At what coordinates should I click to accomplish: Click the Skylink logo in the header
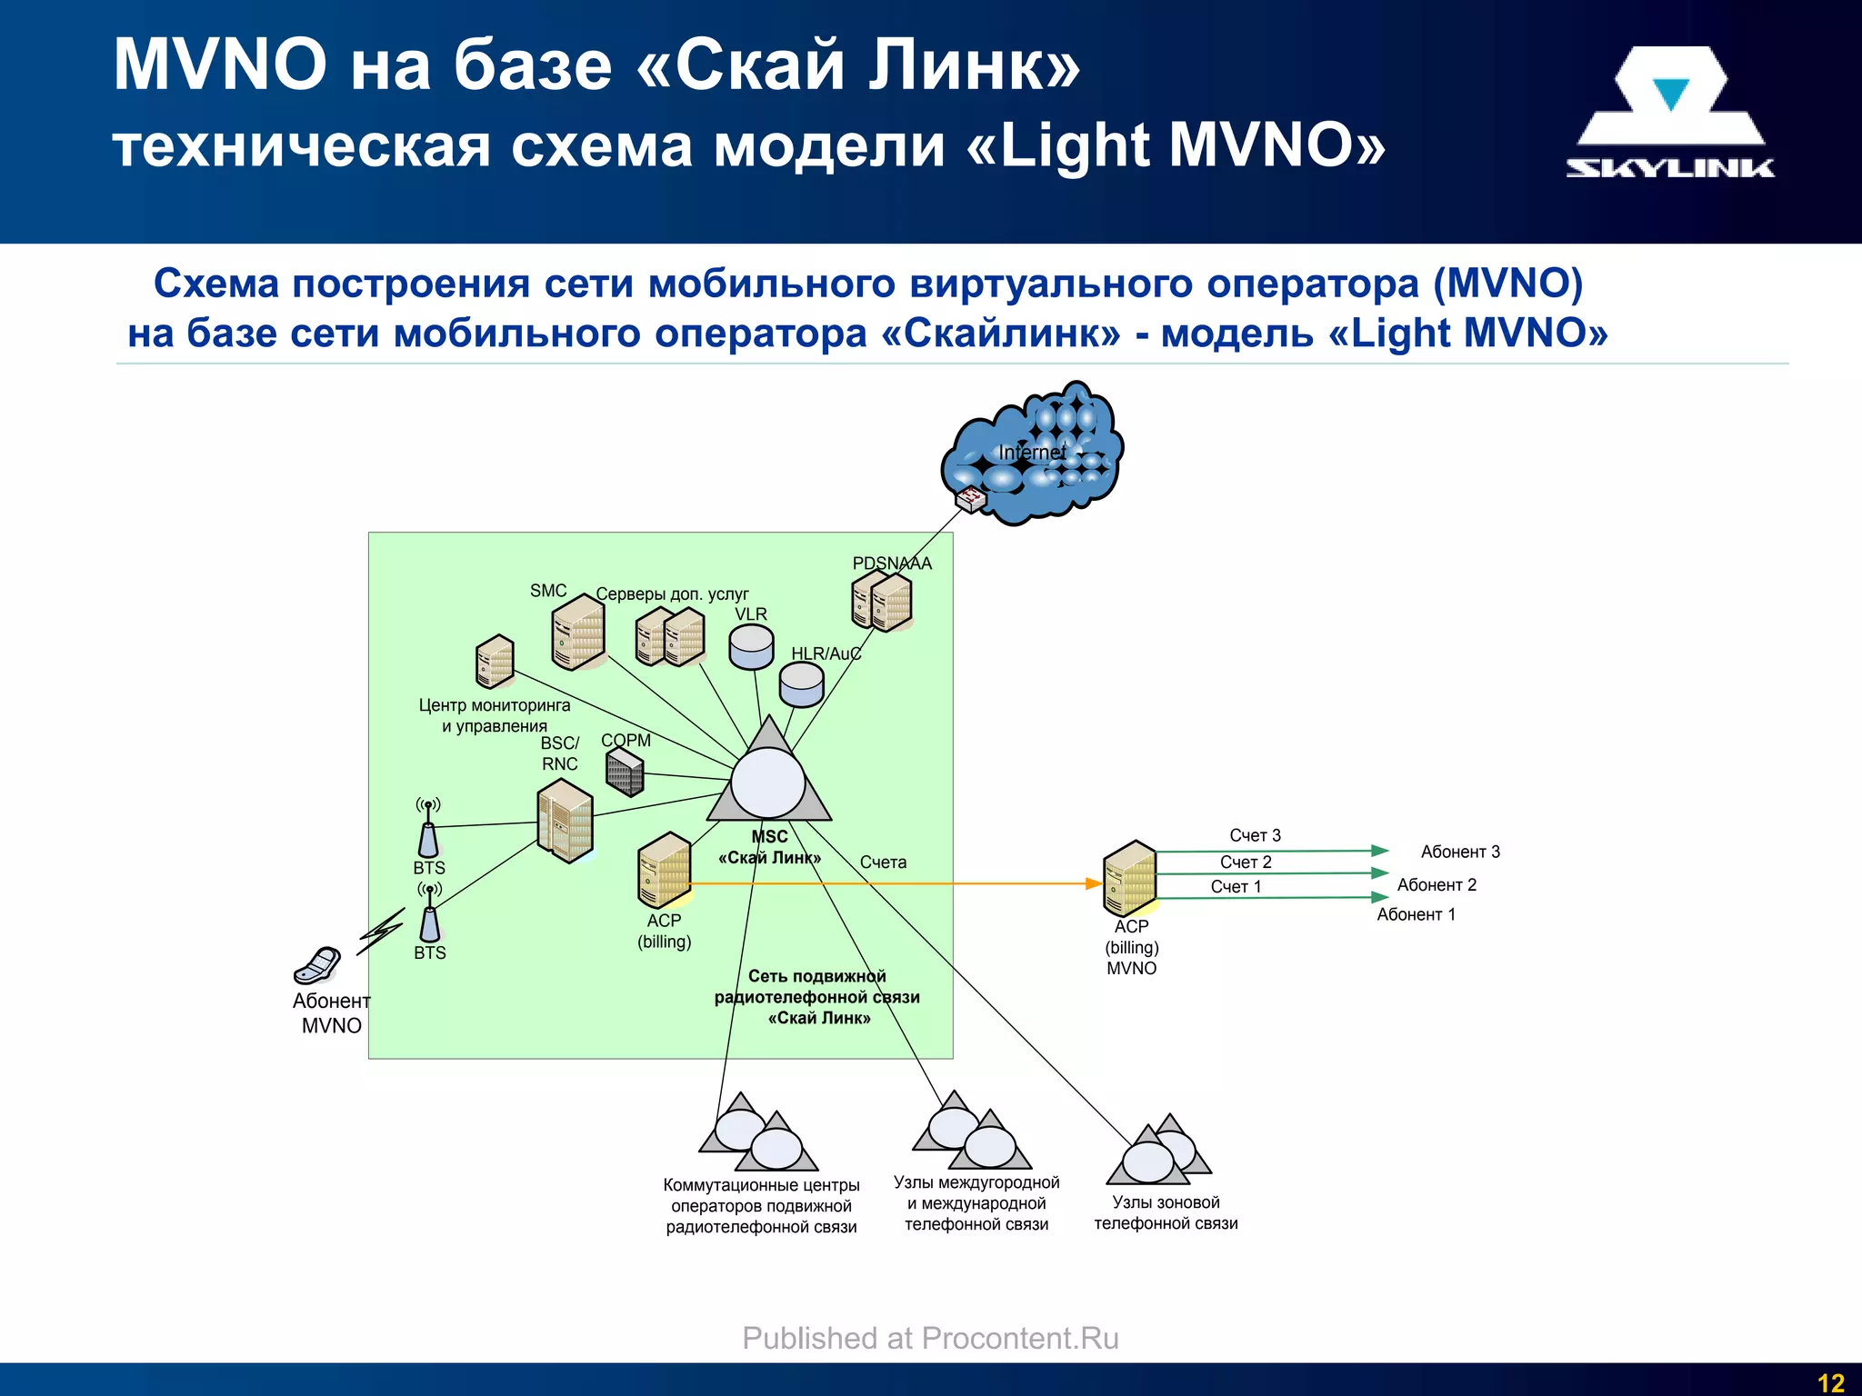[1669, 113]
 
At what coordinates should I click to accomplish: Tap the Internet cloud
[1032, 454]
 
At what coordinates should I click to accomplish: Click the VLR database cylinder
[752, 646]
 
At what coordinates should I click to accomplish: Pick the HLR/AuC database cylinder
[802, 683]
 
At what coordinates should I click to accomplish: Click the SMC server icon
[578, 633]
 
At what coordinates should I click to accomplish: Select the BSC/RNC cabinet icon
[565, 823]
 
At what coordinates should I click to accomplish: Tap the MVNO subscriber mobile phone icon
[317, 966]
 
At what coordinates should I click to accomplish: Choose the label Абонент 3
[1460, 852]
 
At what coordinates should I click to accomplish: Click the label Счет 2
[1246, 862]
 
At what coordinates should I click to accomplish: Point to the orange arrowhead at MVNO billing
[1094, 883]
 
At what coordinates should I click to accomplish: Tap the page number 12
[1830, 1382]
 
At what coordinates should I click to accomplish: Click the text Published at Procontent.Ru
[930, 1338]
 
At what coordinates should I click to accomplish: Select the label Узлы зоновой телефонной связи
[1166, 1212]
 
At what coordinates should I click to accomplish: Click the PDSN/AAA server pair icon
[882, 601]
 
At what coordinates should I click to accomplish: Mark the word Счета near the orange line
[883, 862]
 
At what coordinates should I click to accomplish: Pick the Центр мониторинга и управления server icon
[495, 662]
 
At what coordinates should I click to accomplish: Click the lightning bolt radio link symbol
[381, 932]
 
